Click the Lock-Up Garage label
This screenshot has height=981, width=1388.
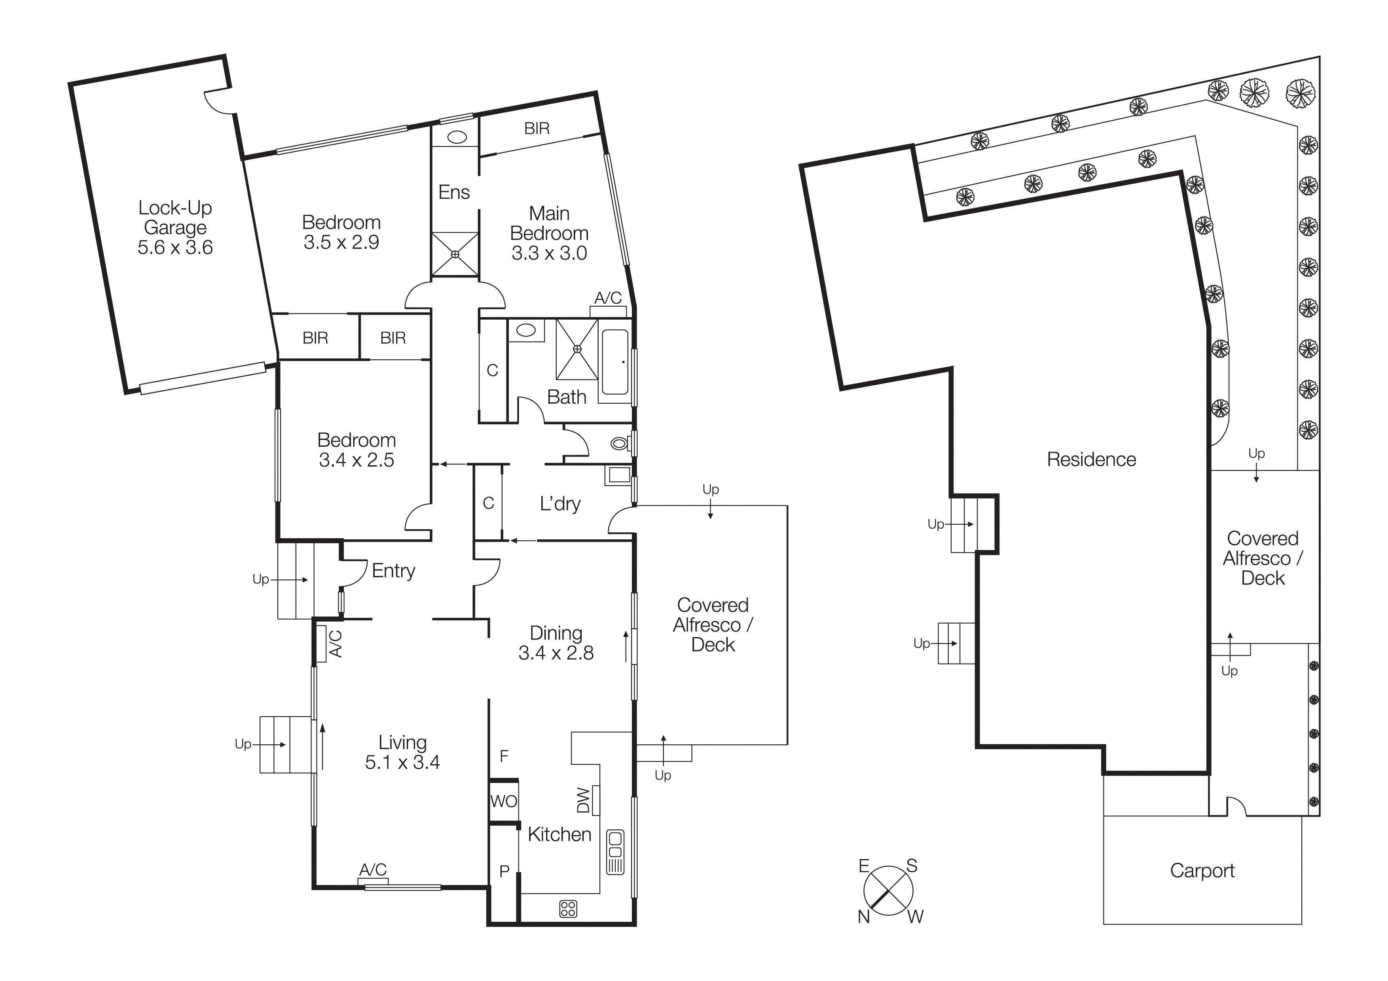[175, 227]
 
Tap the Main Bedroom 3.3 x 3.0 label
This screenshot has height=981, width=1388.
[549, 233]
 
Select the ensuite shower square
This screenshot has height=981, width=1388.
[455, 254]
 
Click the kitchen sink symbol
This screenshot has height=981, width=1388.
[615, 852]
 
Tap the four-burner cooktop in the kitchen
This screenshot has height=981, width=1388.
[568, 909]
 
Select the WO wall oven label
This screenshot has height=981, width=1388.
[504, 801]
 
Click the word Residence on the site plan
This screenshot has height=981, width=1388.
[1091, 459]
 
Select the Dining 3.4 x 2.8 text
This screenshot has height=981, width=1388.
[556, 643]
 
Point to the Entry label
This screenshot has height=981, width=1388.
[394, 571]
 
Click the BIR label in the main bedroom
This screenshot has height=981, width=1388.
[537, 129]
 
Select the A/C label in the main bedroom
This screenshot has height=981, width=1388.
[608, 298]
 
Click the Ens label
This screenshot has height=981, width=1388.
[454, 192]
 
